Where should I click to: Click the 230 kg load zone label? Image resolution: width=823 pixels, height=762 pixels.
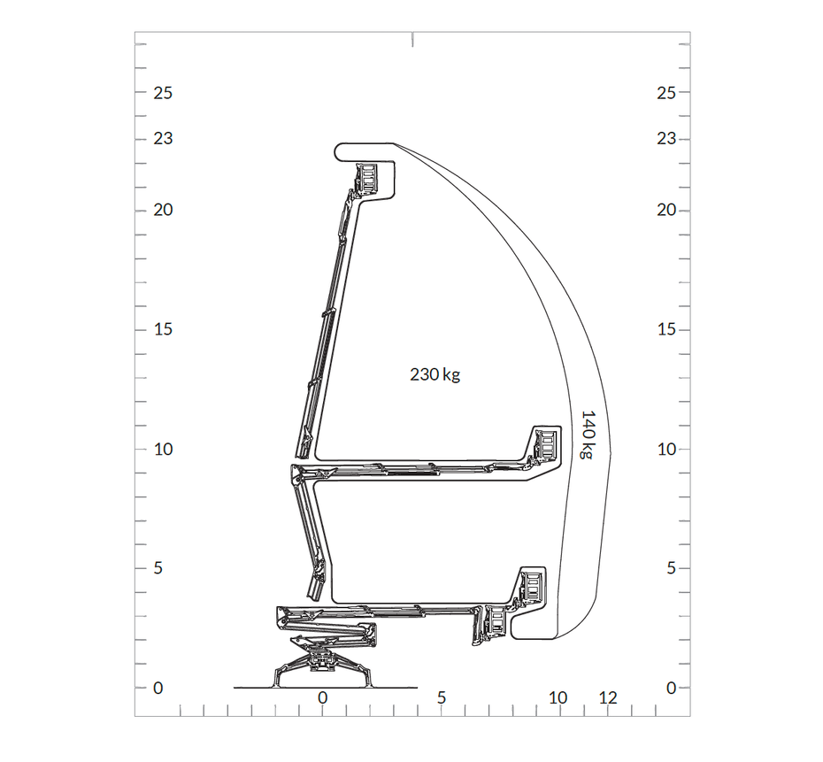click(435, 374)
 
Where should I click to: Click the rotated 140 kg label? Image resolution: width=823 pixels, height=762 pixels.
click(588, 435)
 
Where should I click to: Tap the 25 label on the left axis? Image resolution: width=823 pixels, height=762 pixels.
click(163, 93)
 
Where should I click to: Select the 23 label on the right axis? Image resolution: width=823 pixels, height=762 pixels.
click(666, 139)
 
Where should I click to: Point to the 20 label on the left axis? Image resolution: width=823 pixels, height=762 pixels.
click(163, 210)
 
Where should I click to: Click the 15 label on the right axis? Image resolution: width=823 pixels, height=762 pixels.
click(666, 329)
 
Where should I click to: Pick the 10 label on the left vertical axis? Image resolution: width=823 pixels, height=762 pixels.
click(163, 450)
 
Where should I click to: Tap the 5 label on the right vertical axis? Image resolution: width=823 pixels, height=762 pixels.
click(671, 568)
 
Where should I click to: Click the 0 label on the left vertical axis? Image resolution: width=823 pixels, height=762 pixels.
click(158, 688)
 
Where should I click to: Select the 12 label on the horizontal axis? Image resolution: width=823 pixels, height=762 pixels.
click(608, 698)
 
